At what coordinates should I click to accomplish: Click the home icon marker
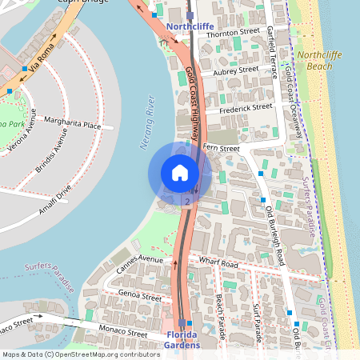180,173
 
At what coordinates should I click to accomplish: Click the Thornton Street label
234,33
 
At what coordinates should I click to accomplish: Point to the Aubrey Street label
235,70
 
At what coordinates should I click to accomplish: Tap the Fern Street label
222,148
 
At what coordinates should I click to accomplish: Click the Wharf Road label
219,263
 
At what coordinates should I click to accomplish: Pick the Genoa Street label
139,296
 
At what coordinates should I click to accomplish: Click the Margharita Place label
73,125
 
